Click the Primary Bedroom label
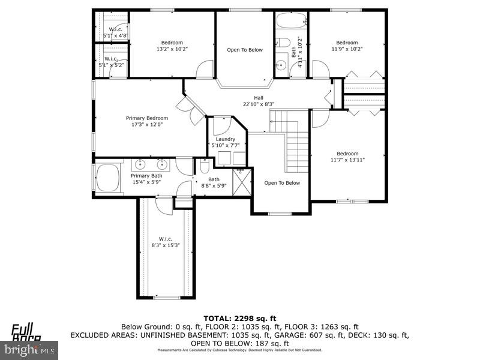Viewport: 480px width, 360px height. [x=146, y=118]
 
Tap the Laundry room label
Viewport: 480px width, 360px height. [x=226, y=139]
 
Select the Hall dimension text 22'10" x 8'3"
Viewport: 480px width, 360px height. [x=258, y=104]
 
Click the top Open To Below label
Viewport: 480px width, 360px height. [x=244, y=50]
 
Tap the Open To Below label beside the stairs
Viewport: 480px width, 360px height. [x=281, y=183]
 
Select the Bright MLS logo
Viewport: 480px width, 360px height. [x=29, y=347]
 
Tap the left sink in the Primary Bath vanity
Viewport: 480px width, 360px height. [x=140, y=164]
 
